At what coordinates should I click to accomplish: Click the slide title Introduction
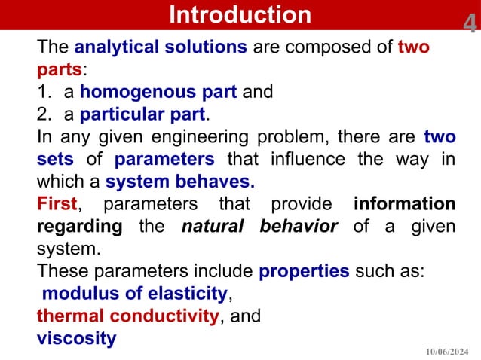pos(240,14)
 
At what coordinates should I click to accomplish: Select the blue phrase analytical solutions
pos(161,47)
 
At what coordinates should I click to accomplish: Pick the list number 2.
pos(43,115)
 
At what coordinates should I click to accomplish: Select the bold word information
pos(404,204)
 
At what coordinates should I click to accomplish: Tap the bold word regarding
pos(79,227)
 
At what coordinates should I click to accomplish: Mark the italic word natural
pos(214,227)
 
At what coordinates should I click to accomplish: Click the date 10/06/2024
pos(449,351)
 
